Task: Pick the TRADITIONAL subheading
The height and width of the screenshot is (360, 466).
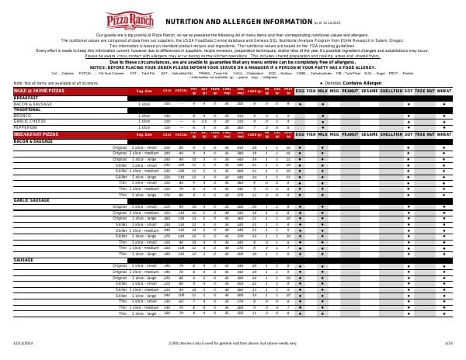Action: (x=26, y=109)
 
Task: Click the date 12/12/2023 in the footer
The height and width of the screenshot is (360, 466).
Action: (x=23, y=342)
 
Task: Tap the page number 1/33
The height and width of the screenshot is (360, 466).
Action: (x=448, y=342)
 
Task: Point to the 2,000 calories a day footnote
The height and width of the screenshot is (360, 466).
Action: (x=234, y=342)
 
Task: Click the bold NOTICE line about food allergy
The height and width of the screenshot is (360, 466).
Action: (x=233, y=67)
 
